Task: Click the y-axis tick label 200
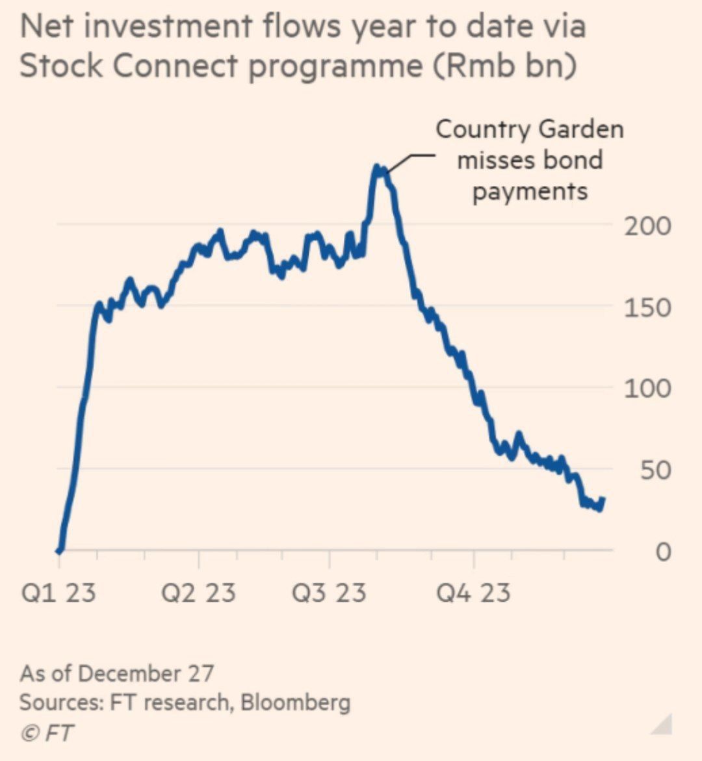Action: (x=647, y=226)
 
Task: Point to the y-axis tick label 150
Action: (x=647, y=307)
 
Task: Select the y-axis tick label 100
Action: (x=647, y=389)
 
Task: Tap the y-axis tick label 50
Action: (x=655, y=470)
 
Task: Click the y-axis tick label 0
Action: (x=662, y=552)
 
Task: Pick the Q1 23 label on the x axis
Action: (x=58, y=593)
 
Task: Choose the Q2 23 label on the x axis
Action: (x=198, y=593)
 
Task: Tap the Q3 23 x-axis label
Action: (x=329, y=593)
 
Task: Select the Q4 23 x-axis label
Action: (x=473, y=593)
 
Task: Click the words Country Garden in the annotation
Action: (x=529, y=129)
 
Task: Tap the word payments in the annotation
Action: (x=530, y=191)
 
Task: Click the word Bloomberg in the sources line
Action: (x=295, y=702)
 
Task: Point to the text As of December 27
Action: (x=116, y=673)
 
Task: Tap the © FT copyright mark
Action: (x=46, y=732)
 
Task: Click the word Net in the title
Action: (x=47, y=27)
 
